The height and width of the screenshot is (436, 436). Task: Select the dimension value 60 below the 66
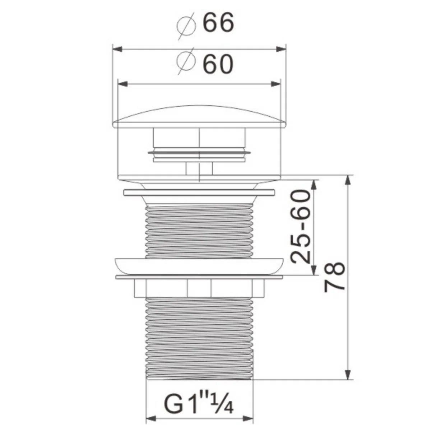(x=218, y=64)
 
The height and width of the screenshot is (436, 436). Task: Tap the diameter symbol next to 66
(x=187, y=24)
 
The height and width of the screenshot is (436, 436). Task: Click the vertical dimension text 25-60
(x=300, y=227)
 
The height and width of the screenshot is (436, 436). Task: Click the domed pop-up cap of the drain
(x=199, y=116)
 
